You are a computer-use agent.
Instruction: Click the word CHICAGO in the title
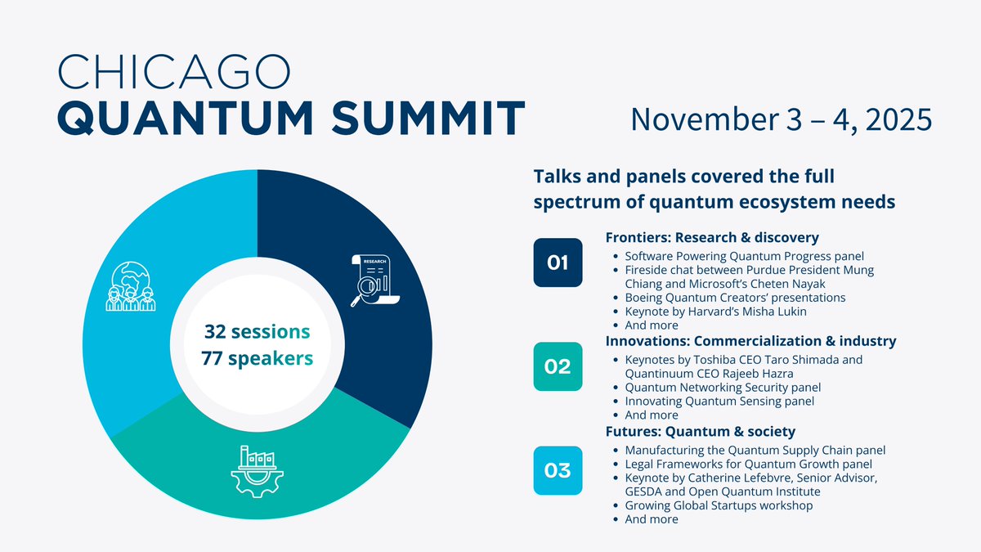[x=174, y=72]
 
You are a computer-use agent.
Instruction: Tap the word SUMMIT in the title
[x=428, y=119]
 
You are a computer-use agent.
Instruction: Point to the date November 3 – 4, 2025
[x=782, y=119]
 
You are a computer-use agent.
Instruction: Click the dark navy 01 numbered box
[x=558, y=263]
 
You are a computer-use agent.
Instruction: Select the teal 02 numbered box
[x=558, y=366]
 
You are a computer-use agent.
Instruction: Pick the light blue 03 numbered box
[x=558, y=470]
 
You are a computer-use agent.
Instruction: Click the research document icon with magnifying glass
[x=375, y=280]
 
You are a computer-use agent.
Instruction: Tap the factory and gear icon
[x=257, y=471]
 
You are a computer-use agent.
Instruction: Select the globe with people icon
[x=131, y=286]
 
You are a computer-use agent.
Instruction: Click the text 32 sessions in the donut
[x=257, y=332]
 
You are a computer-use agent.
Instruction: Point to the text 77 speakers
[x=257, y=358]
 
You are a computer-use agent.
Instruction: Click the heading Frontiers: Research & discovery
[x=712, y=237]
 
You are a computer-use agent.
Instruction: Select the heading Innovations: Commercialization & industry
[x=750, y=341]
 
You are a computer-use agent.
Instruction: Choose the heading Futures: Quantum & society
[x=701, y=432]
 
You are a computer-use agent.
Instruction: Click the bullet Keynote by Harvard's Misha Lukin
[x=715, y=312]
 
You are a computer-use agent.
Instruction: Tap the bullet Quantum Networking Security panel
[x=723, y=388]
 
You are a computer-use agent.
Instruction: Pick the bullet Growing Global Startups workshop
[x=719, y=505]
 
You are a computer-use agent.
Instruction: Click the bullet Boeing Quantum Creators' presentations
[x=735, y=298]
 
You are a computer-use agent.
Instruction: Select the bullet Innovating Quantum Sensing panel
[x=719, y=401]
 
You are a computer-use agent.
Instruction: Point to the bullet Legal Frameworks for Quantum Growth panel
[x=749, y=464]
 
